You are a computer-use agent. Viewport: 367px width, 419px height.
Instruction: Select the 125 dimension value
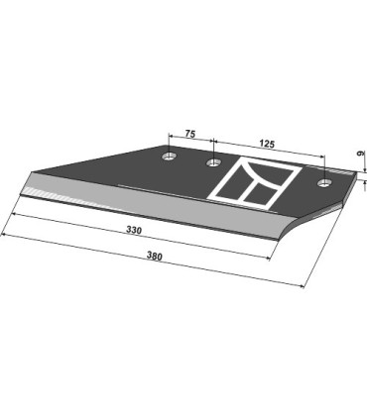click(265, 145)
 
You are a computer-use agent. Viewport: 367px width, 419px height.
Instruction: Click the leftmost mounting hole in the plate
click(170, 157)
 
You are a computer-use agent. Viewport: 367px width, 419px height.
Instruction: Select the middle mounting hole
click(211, 162)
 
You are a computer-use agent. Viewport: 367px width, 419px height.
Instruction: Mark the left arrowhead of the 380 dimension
click(4, 234)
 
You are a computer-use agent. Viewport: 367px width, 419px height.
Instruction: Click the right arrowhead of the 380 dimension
click(304, 287)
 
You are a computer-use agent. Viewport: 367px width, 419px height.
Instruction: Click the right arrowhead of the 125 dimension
click(323, 156)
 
